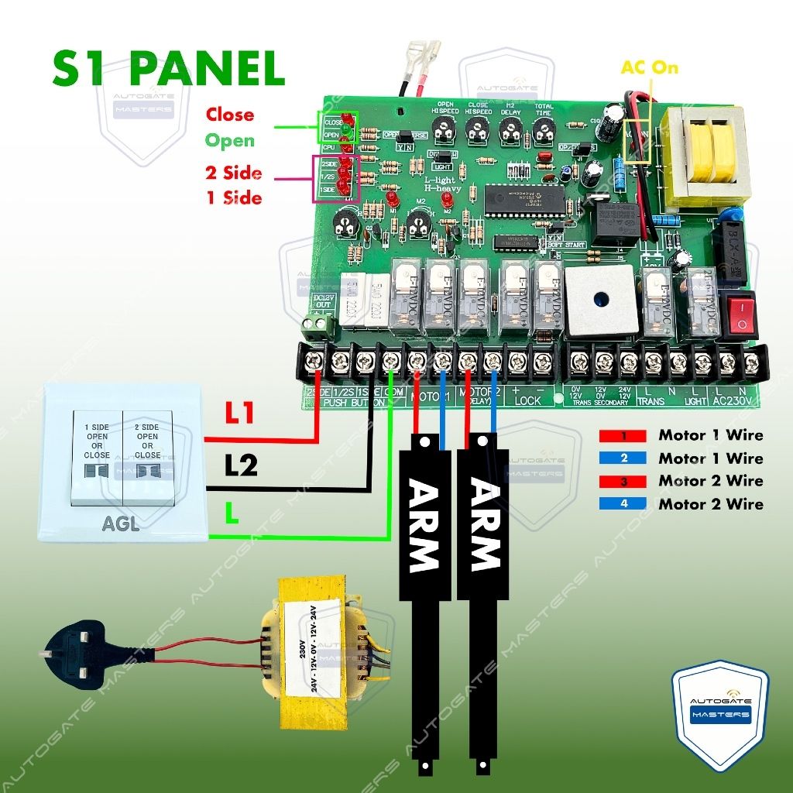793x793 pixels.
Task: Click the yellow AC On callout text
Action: pyautogui.click(x=649, y=67)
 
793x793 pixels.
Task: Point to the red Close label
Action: pyautogui.click(x=229, y=115)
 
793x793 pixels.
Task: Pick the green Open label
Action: pyautogui.click(x=229, y=141)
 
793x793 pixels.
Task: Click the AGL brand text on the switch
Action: pyautogui.click(x=121, y=524)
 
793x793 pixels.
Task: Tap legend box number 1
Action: pyautogui.click(x=623, y=436)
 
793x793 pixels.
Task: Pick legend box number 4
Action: pyautogui.click(x=623, y=504)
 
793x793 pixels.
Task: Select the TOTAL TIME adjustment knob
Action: pyautogui.click(x=544, y=136)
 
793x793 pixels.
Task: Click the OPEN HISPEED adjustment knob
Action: pyautogui.click(x=445, y=136)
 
